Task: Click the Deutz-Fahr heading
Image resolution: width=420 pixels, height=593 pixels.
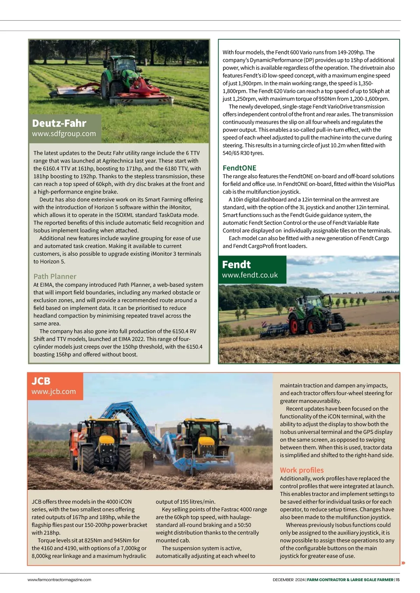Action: pos(59,123)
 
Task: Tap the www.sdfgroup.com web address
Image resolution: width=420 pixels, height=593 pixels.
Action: pos(64,134)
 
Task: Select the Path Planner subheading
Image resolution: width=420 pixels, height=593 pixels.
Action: pos(55,276)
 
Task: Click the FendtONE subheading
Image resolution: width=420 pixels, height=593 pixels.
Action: pos(239,168)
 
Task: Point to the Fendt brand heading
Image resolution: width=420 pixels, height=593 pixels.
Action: pos(236,264)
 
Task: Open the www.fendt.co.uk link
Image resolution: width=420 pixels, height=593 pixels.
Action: pos(250,275)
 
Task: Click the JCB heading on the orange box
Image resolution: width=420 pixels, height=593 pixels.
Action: pos(41,381)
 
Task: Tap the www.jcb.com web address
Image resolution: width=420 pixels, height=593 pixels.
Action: pos(54,392)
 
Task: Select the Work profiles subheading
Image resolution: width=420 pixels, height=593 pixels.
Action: pos(302,470)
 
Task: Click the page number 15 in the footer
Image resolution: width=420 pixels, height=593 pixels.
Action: pos(398,580)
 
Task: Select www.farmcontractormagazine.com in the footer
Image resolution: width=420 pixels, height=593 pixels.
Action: pos(59,580)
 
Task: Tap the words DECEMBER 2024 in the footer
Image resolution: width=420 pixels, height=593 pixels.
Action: pos(288,580)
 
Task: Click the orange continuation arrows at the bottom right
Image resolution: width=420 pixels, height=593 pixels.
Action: pos(403,563)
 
